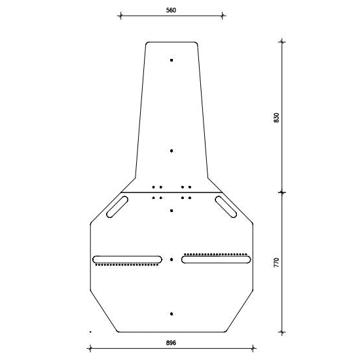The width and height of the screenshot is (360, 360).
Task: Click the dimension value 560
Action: click(x=171, y=10)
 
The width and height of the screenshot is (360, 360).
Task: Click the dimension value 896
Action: click(x=171, y=343)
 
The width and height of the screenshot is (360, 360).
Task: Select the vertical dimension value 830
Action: click(x=277, y=118)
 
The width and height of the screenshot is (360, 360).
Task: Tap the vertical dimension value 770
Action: click(x=277, y=262)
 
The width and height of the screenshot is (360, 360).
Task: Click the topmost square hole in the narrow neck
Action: click(x=171, y=60)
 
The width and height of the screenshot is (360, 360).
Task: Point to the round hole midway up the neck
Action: click(x=171, y=151)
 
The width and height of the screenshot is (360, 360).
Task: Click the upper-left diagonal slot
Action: click(x=117, y=207)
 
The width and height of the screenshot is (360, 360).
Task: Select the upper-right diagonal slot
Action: click(x=226, y=207)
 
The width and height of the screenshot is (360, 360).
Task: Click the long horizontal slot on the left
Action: click(x=127, y=259)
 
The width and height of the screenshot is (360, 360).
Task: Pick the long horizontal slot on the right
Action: click(x=216, y=259)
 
